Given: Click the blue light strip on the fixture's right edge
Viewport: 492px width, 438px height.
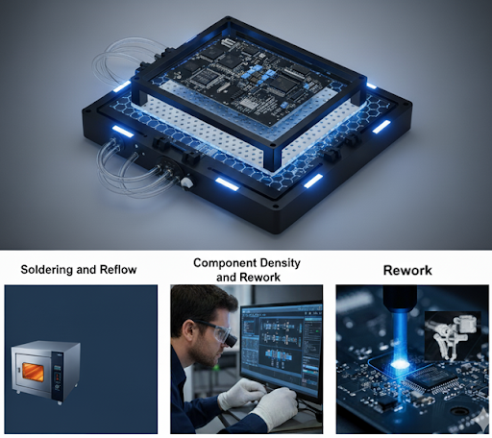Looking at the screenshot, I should click(381, 127).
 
